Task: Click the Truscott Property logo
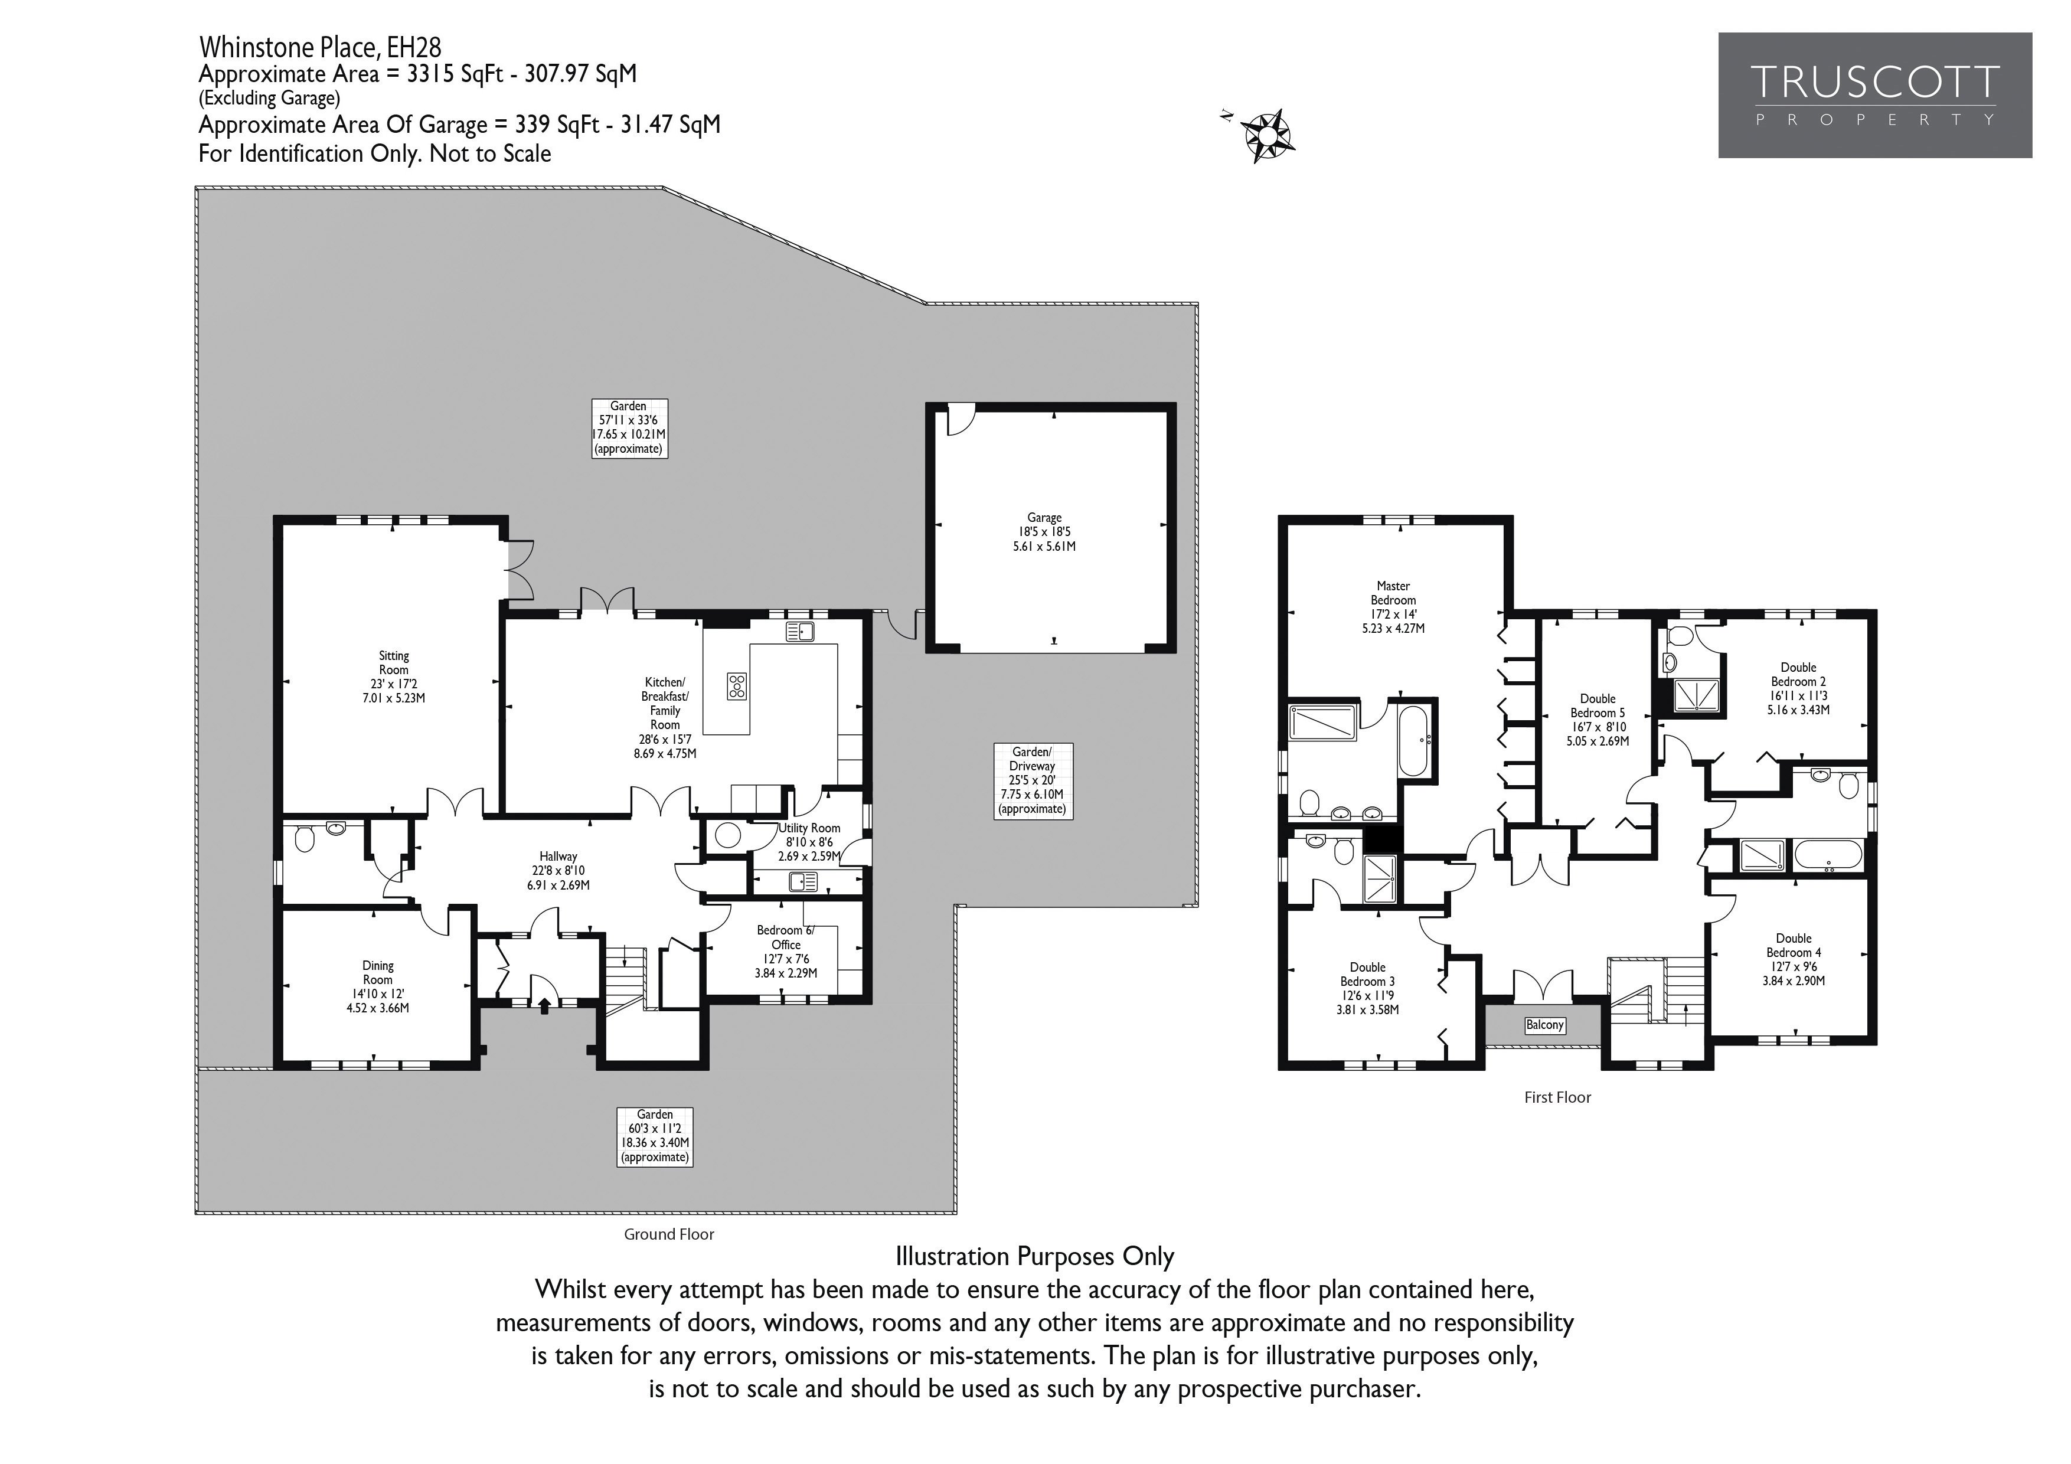click(1874, 96)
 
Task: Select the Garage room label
click(1044, 532)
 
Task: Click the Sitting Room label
click(393, 677)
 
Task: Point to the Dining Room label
click(377, 987)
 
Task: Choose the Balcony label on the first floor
click(1545, 1025)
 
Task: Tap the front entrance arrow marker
click(544, 1004)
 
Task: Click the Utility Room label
click(810, 842)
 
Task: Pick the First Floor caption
click(1558, 1097)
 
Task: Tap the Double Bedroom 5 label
click(1598, 720)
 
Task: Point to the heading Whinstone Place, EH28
click(320, 46)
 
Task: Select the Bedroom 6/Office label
click(786, 952)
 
